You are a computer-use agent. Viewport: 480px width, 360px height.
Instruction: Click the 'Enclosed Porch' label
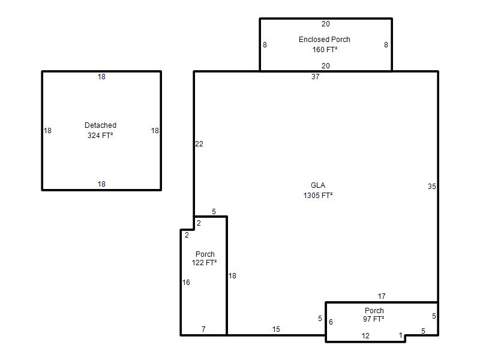pos(324,40)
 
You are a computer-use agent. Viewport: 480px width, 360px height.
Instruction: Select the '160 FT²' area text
pos(325,50)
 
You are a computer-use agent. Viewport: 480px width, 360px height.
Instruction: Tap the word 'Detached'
pos(100,125)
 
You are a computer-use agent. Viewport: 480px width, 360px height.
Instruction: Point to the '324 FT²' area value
pos(100,136)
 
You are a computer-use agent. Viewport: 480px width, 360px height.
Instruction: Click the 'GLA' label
pos(318,185)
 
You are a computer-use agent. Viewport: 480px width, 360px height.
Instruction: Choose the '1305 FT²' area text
pos(318,196)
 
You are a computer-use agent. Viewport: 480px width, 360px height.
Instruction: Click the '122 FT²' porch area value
pos(204,263)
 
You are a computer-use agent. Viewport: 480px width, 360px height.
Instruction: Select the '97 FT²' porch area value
pos(373,319)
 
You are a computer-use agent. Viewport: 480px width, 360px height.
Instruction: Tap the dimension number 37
pos(316,77)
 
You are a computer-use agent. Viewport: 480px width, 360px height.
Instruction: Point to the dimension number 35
pos(431,187)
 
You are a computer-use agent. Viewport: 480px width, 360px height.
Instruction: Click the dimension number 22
pos(199,144)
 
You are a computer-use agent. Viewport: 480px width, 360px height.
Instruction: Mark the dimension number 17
pos(382,296)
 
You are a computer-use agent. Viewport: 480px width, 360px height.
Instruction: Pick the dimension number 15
pos(276,329)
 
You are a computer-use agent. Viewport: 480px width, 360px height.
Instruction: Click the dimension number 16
pos(186,283)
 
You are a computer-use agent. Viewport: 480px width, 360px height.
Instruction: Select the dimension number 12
pos(365,336)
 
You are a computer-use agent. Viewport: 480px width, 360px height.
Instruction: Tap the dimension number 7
pos(203,329)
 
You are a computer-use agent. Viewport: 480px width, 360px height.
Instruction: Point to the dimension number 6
pos(331,322)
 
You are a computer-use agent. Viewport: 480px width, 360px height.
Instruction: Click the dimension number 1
pos(400,335)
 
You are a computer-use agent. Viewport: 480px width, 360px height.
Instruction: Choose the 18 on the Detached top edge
pos(101,77)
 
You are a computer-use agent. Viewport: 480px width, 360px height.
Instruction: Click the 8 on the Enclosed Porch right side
pos(386,45)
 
